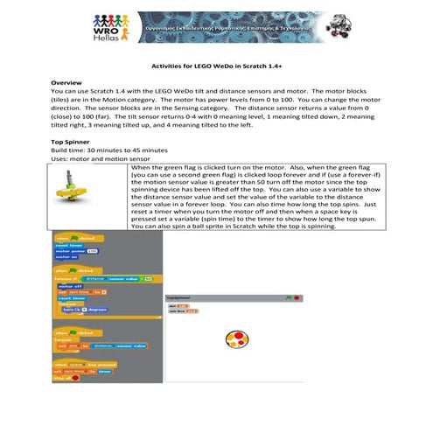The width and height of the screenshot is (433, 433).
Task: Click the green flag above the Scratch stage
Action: [288, 297]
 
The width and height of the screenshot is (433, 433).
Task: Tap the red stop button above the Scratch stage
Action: [297, 297]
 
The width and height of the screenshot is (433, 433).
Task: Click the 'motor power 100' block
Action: [73, 251]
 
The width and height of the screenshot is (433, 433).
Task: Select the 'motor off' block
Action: [69, 285]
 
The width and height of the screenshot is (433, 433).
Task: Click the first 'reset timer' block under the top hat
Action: [68, 245]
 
